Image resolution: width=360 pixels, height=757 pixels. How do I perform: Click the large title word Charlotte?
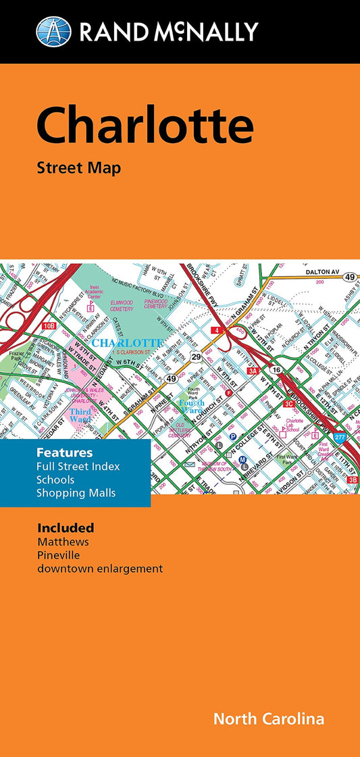145,126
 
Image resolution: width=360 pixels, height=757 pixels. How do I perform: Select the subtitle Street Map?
79,168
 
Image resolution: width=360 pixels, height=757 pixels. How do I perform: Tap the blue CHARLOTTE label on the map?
127,343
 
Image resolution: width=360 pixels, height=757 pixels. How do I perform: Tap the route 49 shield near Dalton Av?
350,276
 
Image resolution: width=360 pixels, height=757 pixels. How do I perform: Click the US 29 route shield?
197,356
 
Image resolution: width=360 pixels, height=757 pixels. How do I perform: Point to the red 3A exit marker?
253,371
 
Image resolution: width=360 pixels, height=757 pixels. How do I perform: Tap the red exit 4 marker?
215,330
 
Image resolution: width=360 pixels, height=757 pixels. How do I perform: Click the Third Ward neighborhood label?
80,415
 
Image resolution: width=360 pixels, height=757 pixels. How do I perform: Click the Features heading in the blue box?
65,452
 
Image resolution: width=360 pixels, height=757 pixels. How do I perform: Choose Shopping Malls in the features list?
76,493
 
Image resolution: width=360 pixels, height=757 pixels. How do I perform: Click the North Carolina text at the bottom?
268,719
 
